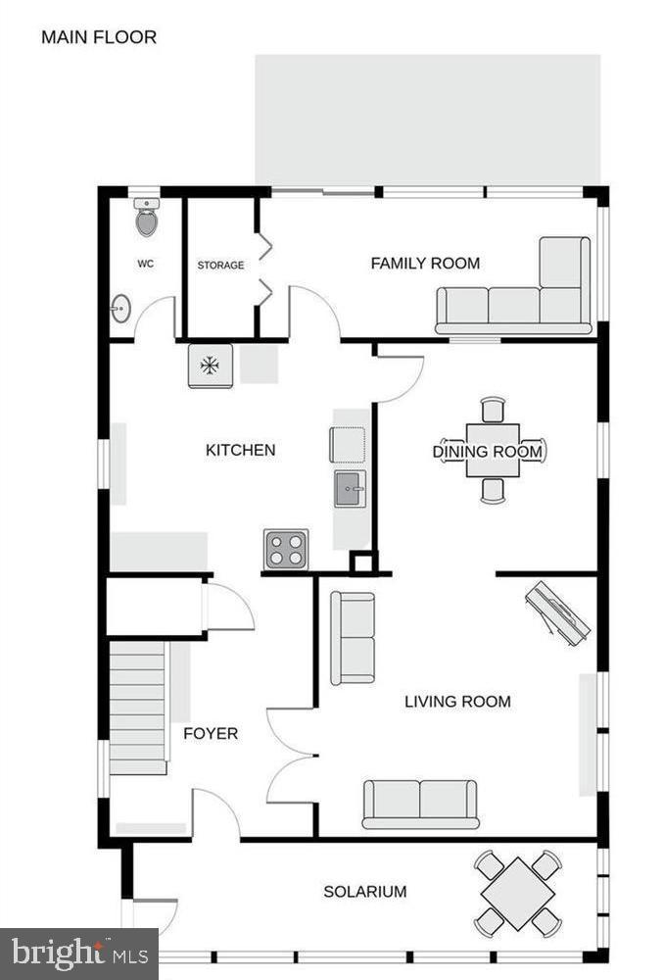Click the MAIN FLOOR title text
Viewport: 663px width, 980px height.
point(98,38)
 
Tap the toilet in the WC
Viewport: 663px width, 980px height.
point(146,220)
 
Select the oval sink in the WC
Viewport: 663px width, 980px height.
point(119,310)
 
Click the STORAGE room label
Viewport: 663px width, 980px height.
point(220,266)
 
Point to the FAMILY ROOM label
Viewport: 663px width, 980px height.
point(425,263)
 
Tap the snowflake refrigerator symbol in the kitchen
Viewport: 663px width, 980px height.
point(210,367)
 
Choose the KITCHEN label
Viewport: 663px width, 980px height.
point(240,450)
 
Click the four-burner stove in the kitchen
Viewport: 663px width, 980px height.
point(285,549)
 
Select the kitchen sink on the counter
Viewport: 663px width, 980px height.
point(350,488)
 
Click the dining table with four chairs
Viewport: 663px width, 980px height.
point(493,450)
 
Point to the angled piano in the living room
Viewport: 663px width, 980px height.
point(557,613)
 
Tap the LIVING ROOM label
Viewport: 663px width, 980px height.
point(457,702)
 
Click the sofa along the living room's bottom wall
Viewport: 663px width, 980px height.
point(420,804)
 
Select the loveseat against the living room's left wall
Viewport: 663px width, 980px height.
point(353,638)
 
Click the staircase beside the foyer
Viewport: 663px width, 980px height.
point(137,707)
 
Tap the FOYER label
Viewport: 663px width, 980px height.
point(211,733)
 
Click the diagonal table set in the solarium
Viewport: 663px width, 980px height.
point(518,893)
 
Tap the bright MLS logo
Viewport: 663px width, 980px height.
point(78,954)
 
